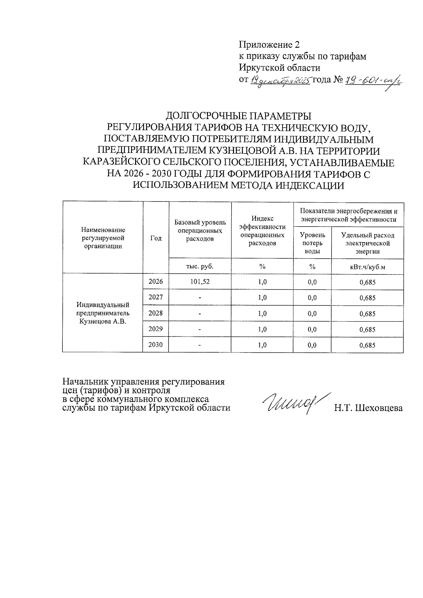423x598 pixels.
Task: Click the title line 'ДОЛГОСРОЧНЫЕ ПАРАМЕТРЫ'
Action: point(239,116)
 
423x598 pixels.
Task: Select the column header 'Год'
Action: point(156,238)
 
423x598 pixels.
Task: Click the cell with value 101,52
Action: point(200,282)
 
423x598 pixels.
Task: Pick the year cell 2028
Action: point(156,313)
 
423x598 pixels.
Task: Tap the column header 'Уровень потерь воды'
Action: point(312,243)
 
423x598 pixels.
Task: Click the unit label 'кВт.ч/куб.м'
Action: point(367,266)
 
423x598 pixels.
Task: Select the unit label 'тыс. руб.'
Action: point(200,266)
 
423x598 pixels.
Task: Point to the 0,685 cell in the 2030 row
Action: point(367,345)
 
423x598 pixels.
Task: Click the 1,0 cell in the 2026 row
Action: point(262,282)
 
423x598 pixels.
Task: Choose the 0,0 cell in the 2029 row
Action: point(312,329)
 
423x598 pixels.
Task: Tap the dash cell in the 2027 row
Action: point(200,298)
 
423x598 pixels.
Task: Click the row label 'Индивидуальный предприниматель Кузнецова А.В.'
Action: point(103,313)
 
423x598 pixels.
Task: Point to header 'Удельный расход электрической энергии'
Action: point(367,243)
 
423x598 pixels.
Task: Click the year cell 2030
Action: point(156,345)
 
